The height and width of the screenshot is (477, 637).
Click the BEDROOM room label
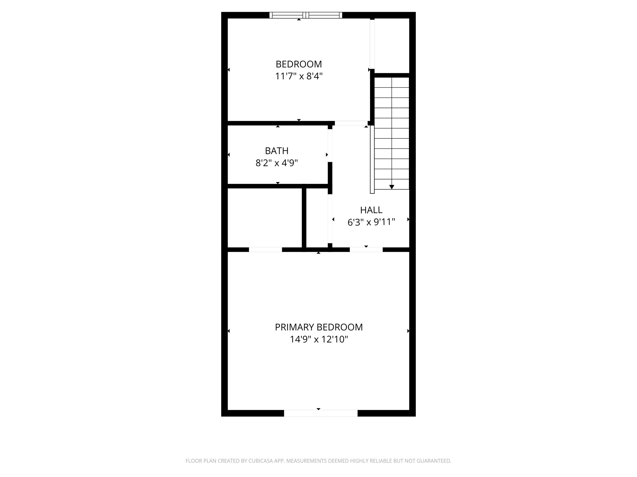(299, 64)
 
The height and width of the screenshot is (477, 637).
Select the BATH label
(276, 151)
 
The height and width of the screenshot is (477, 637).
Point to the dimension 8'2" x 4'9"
(276, 163)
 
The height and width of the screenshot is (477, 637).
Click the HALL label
(371, 210)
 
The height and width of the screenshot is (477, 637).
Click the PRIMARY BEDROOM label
(318, 327)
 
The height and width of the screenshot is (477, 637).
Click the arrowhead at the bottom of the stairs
(392, 187)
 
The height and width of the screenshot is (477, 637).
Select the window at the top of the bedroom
(306, 15)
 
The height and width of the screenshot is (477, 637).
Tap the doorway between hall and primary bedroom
(366, 250)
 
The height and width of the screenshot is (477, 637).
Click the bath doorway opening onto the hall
(330, 145)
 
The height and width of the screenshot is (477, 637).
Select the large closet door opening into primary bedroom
(265, 250)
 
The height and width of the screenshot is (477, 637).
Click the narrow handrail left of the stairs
(372, 160)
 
